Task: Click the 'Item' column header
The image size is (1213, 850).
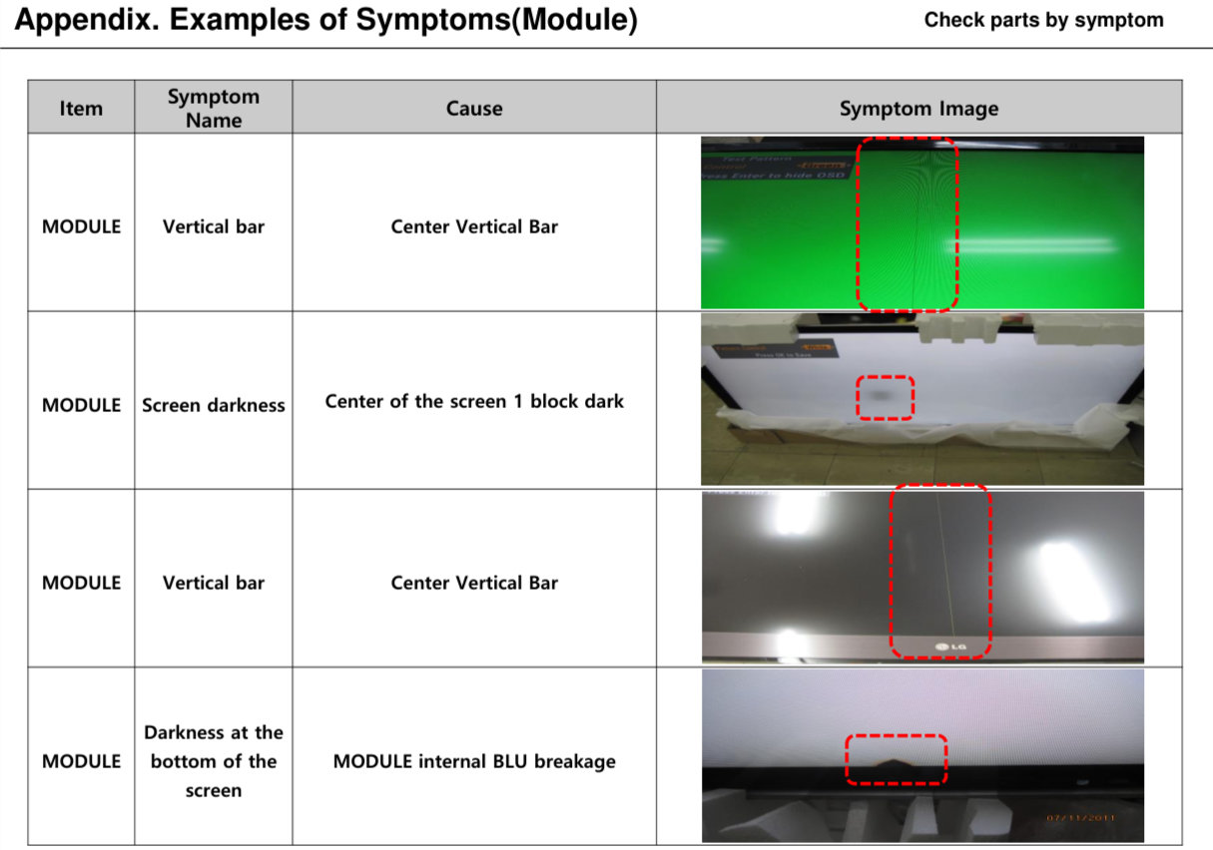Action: (81, 108)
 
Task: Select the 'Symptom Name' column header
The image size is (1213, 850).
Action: (213, 108)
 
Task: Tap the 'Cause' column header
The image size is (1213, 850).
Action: (474, 108)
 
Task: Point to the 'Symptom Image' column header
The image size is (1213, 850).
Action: (918, 108)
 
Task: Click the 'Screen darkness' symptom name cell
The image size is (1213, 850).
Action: (213, 405)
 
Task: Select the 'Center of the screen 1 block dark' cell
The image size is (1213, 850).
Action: (474, 401)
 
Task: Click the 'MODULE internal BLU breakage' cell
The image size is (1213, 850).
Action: (474, 761)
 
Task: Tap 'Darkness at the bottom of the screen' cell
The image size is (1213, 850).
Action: (213, 761)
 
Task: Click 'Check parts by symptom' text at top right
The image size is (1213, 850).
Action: (1043, 20)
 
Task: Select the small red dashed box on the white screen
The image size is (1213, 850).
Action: (885, 397)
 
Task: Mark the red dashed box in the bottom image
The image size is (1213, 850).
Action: (896, 759)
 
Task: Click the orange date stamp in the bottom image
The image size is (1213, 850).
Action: (1080, 819)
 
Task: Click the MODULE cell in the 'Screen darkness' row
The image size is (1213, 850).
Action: (81, 405)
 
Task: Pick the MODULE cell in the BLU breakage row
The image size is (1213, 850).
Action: (81, 761)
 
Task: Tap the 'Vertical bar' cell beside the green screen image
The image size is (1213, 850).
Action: (213, 226)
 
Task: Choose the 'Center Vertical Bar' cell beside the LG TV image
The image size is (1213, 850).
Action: (474, 583)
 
